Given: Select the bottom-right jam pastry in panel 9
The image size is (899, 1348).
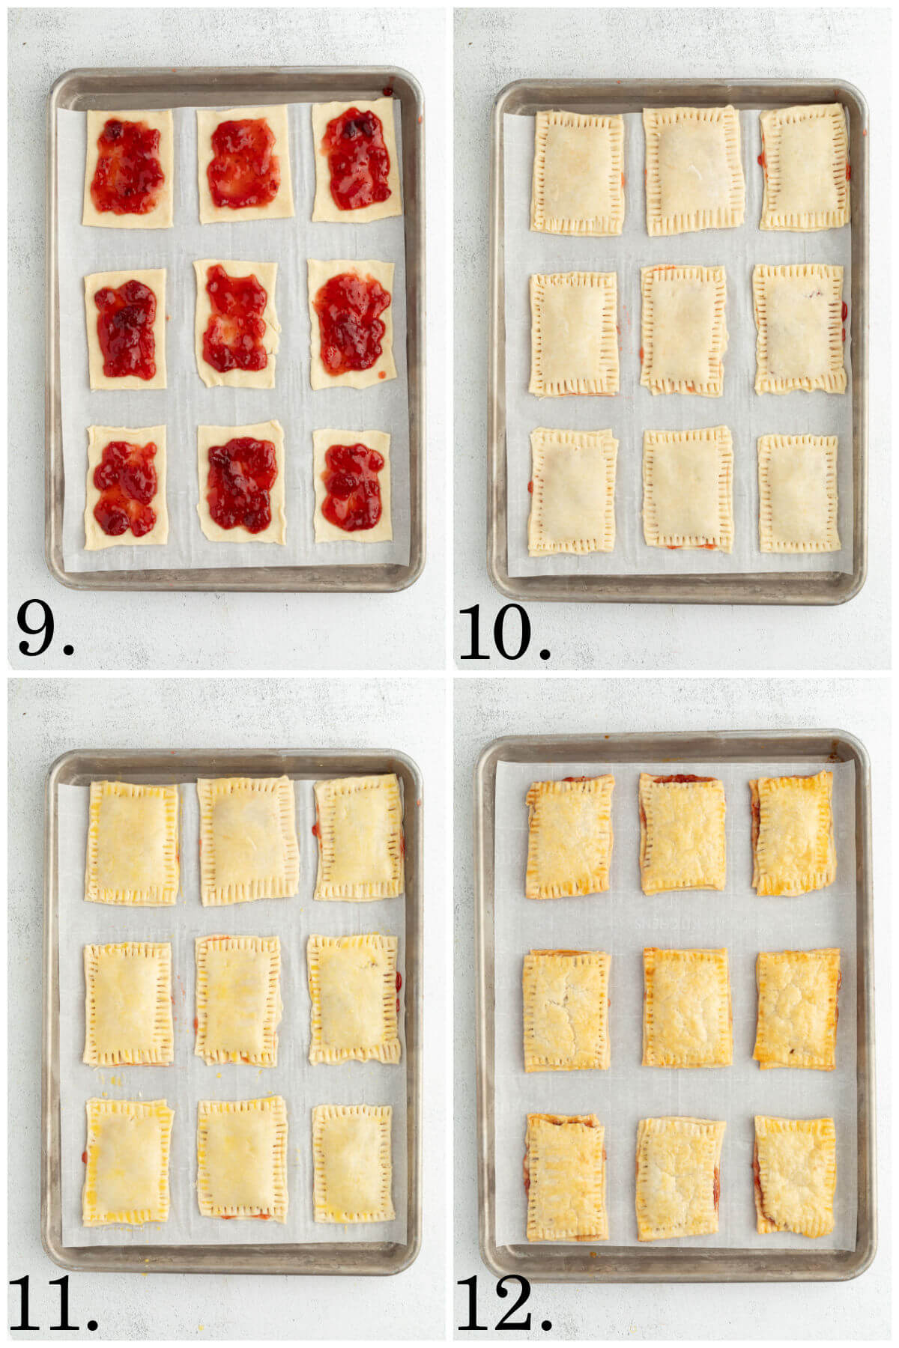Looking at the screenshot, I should (x=353, y=485).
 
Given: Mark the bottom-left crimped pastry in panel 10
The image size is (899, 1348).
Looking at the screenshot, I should (x=573, y=491).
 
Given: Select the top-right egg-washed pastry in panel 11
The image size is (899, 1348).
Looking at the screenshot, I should (x=359, y=837).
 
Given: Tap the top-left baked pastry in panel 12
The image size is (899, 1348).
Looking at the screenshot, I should (x=569, y=837).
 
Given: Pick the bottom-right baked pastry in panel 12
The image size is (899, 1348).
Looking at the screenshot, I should (x=794, y=1176).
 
